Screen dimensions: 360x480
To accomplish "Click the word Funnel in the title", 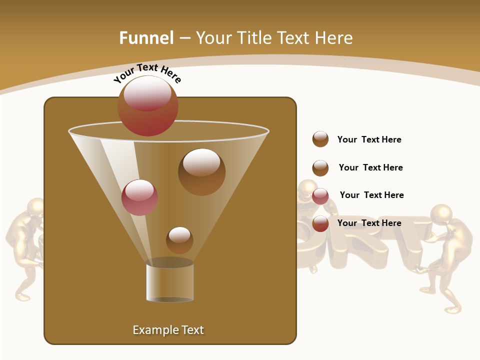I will pos(146,38).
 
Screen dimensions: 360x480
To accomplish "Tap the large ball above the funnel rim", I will pos(148,105).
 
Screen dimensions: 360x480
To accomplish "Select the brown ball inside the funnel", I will pos(201,171).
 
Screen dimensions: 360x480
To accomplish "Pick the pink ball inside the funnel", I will pos(139,197).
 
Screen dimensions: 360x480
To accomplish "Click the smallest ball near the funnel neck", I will pos(179,240).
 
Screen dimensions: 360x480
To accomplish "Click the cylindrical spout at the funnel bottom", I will pos(170,282).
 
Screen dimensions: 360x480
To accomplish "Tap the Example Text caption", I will pos(168,330).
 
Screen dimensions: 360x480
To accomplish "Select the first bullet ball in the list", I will pos(320,139).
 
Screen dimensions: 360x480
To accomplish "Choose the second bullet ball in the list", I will pos(320,168).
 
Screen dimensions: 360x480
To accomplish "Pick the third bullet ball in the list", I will pos(320,196).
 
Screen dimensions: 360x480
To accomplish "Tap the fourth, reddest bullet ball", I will pos(320,223).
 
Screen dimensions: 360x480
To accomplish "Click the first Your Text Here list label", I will pos(369,140).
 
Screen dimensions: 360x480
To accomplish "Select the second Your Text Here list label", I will pos(370,167).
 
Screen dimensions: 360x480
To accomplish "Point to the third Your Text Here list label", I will pos(371,195).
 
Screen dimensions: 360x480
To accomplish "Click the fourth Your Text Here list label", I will pos(369,223).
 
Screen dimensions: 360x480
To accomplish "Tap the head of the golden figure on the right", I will pos(441,214).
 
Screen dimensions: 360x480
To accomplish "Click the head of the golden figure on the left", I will pos(35,207).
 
